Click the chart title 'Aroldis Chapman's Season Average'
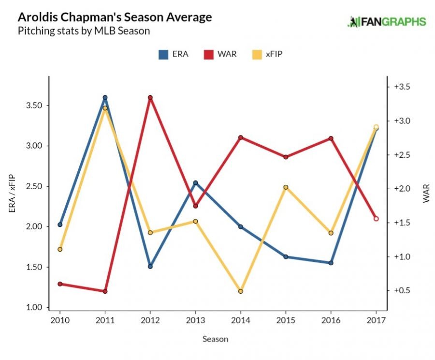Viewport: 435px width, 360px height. pyautogui.click(x=115, y=17)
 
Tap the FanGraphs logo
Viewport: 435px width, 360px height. pyautogui.click(x=387, y=22)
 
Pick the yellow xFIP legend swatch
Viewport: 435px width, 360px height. pyautogui.click(x=257, y=54)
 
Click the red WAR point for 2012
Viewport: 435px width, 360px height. pyautogui.click(x=150, y=98)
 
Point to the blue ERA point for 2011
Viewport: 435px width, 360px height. pyautogui.click(x=105, y=98)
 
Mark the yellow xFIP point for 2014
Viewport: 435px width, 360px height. pyautogui.click(x=240, y=291)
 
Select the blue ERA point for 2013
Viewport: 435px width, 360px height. pyautogui.click(x=195, y=183)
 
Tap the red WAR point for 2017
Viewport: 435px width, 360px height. pyautogui.click(x=376, y=219)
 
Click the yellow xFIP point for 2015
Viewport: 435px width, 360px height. pyautogui.click(x=286, y=187)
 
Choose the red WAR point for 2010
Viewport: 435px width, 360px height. pyautogui.click(x=60, y=284)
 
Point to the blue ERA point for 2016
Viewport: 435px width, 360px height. pyautogui.click(x=331, y=263)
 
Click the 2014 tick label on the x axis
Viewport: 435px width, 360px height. pyautogui.click(x=240, y=320)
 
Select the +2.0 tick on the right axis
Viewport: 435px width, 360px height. pyautogui.click(x=403, y=189)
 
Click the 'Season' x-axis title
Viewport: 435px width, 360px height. pyautogui.click(x=215, y=339)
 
